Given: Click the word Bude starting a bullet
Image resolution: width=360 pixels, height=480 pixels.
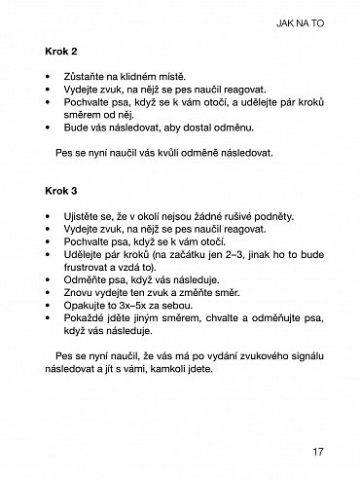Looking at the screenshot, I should click(x=74, y=126).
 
